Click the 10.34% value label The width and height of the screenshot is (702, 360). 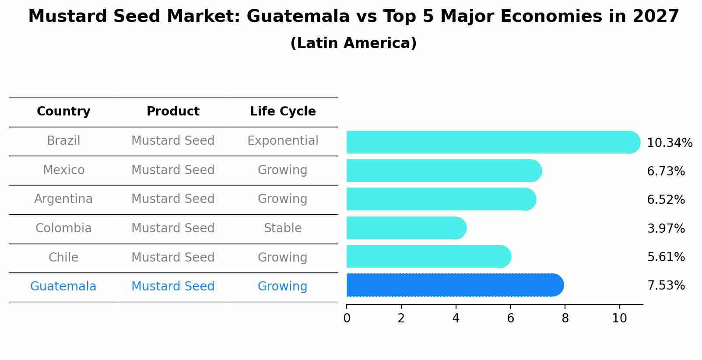tap(669, 143)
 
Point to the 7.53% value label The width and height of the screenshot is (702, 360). tap(666, 286)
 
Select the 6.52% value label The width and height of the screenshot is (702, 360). tap(666, 200)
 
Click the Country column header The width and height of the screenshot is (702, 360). tap(63, 112)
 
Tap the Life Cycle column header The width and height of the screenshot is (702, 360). tap(283, 112)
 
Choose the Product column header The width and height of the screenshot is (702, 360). tap(173, 112)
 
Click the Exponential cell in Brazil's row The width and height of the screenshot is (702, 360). tap(283, 141)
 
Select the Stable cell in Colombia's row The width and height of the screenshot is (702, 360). tap(283, 228)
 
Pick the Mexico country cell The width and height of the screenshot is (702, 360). tap(63, 170)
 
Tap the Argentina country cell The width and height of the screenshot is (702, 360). tap(63, 199)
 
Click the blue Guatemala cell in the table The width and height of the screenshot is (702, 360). tap(63, 287)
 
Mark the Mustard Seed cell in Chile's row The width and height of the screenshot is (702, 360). tap(173, 257)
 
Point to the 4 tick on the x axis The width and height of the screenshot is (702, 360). tap(456, 318)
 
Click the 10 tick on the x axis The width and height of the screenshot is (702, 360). tap(619, 318)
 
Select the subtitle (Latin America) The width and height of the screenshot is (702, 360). tap(353, 43)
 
